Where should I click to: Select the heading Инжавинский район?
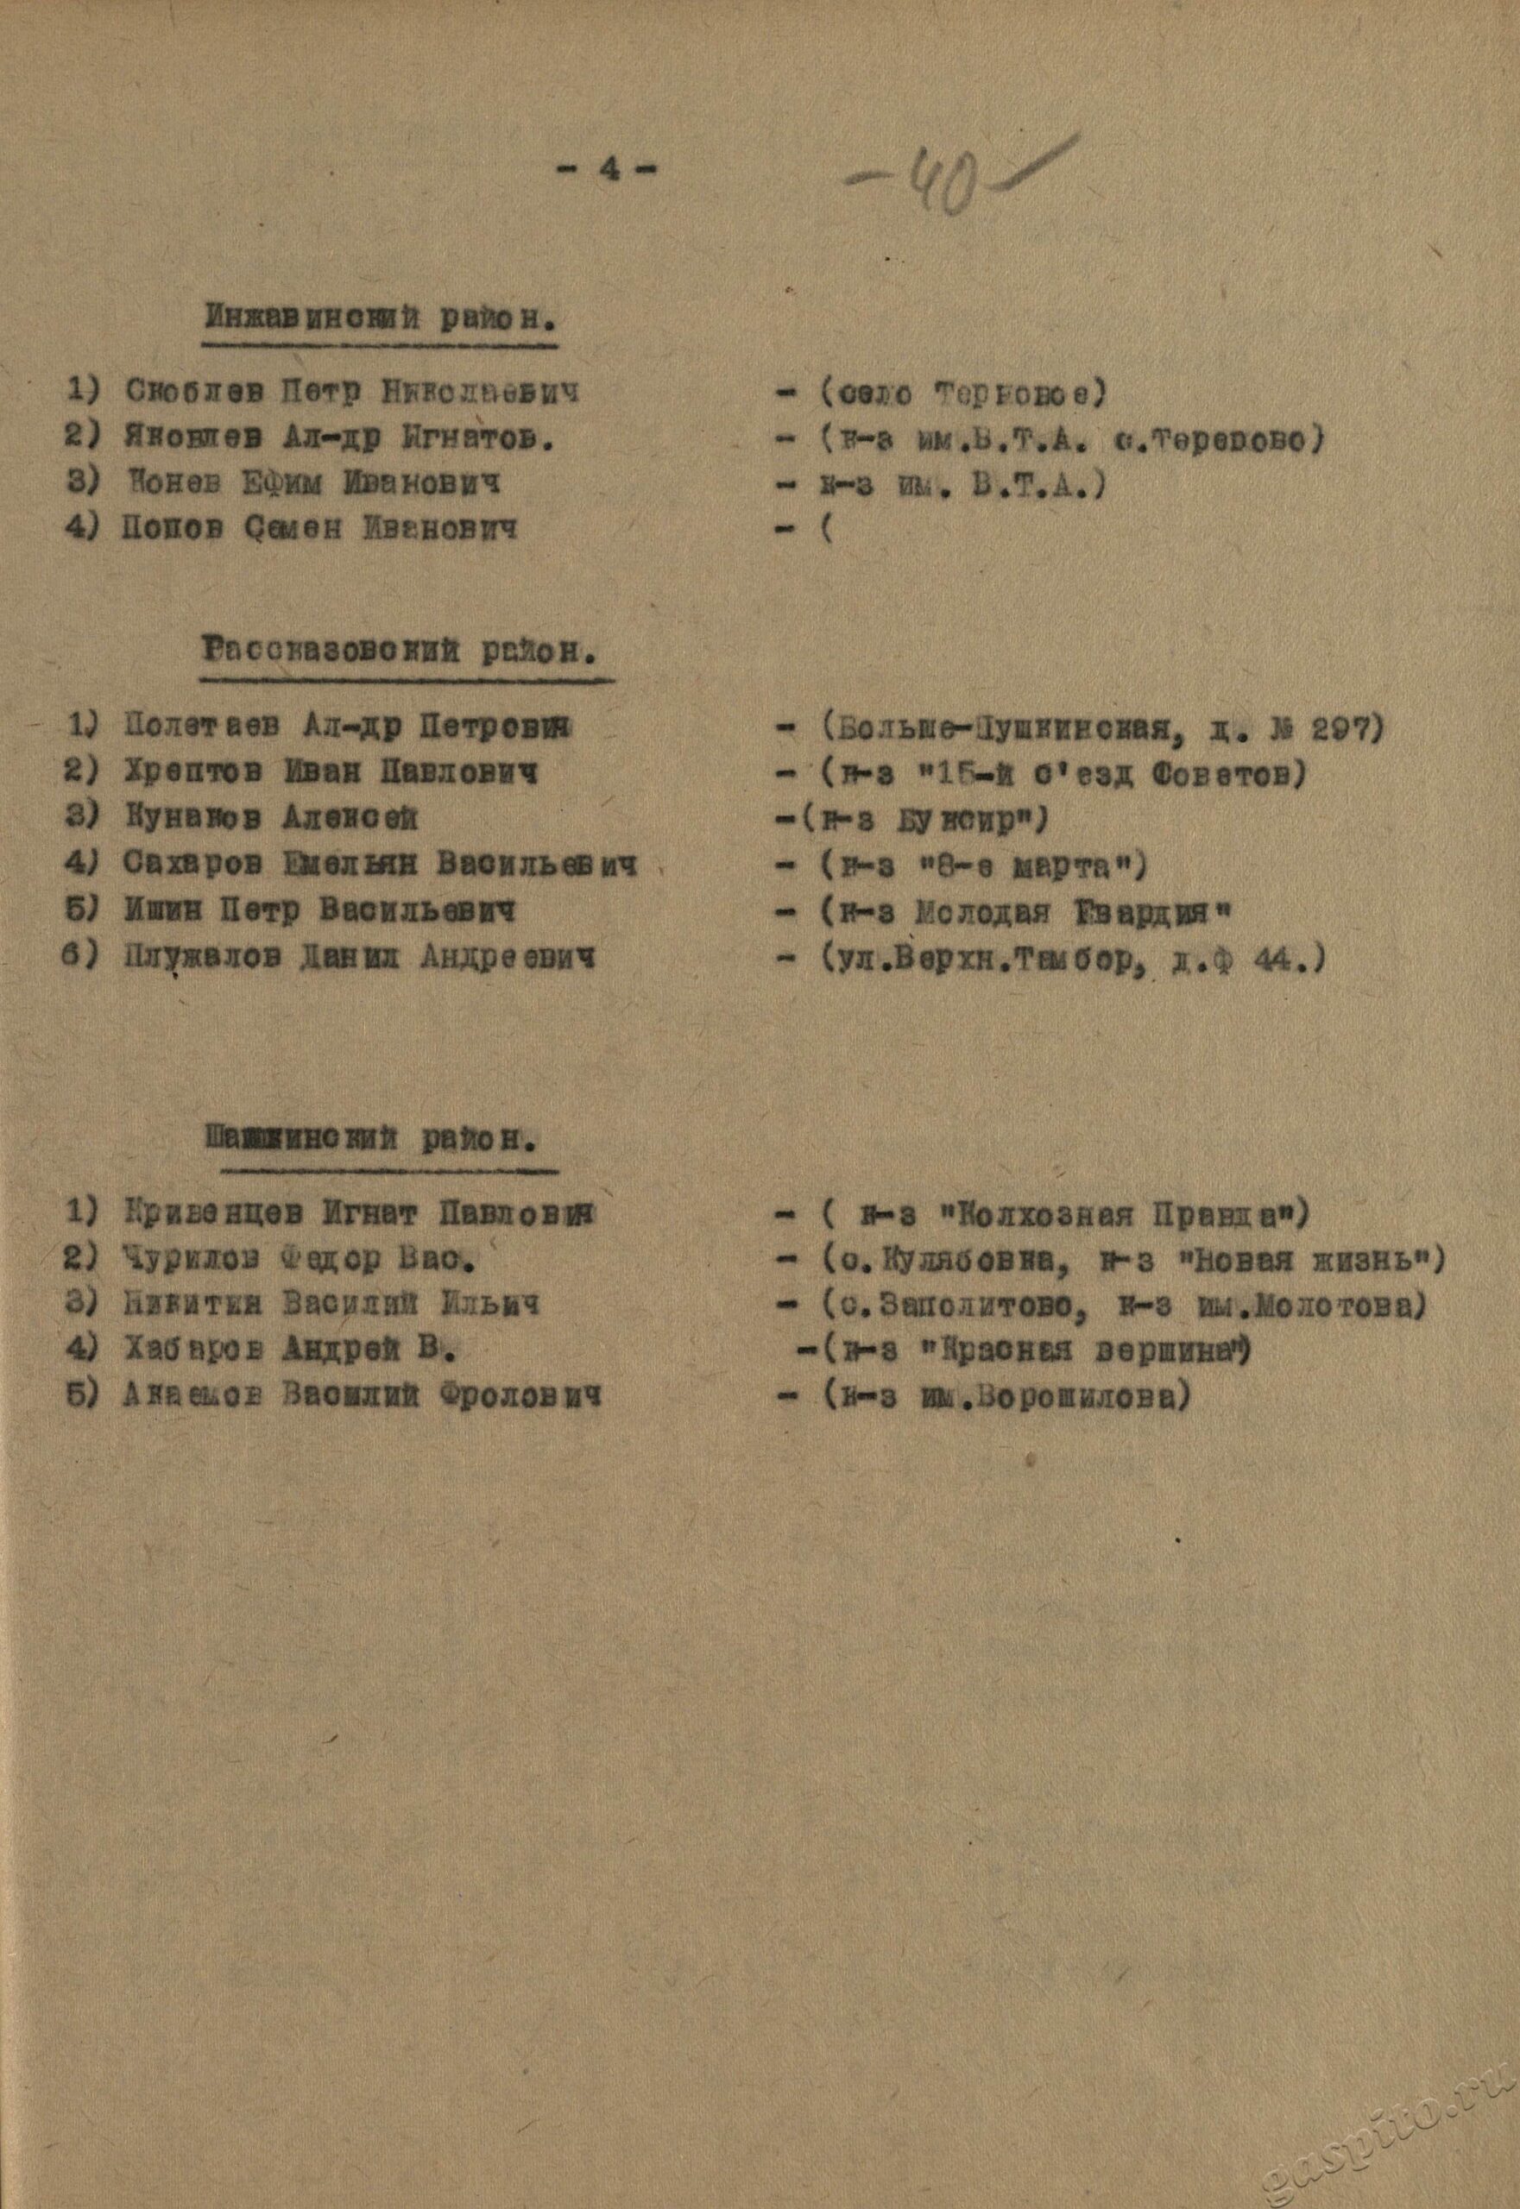pos(381,317)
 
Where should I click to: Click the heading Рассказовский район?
pos(403,652)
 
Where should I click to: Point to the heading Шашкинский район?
pos(370,1139)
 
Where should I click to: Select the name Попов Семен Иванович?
pos(320,528)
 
